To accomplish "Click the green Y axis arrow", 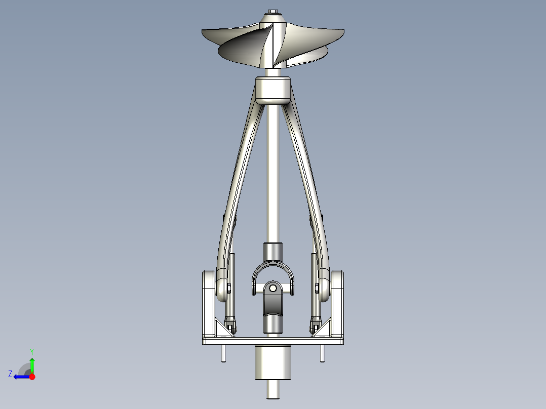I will click(x=32, y=364).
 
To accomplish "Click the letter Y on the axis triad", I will click(x=32, y=351).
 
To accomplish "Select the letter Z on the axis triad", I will click(x=10, y=374).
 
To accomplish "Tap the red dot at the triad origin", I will click(x=32, y=377).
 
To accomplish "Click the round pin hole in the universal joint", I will click(x=273, y=289).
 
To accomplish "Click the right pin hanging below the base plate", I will click(x=322, y=353).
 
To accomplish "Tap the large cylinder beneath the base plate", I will click(x=274, y=362).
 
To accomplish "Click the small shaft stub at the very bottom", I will click(x=274, y=389).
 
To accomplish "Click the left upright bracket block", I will click(x=208, y=304).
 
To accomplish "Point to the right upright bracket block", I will click(x=339, y=304).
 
